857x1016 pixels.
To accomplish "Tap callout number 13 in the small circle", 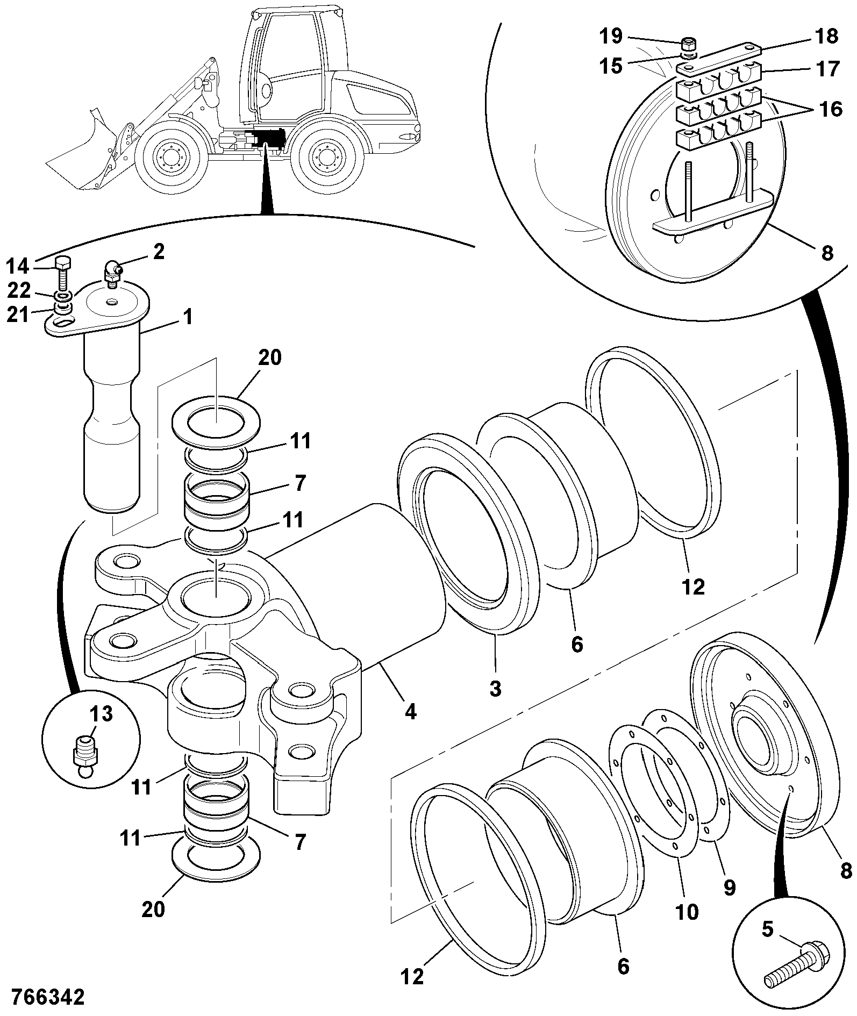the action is [x=101, y=714].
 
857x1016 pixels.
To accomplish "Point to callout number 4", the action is [x=410, y=712].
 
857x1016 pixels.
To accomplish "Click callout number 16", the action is [x=831, y=110].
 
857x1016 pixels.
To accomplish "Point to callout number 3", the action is [x=495, y=688].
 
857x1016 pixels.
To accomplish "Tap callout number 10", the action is [x=687, y=912].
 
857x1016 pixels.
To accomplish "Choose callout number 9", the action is [x=729, y=888].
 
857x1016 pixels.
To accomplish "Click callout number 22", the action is [x=19, y=291].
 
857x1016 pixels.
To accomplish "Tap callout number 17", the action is [x=826, y=69].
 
